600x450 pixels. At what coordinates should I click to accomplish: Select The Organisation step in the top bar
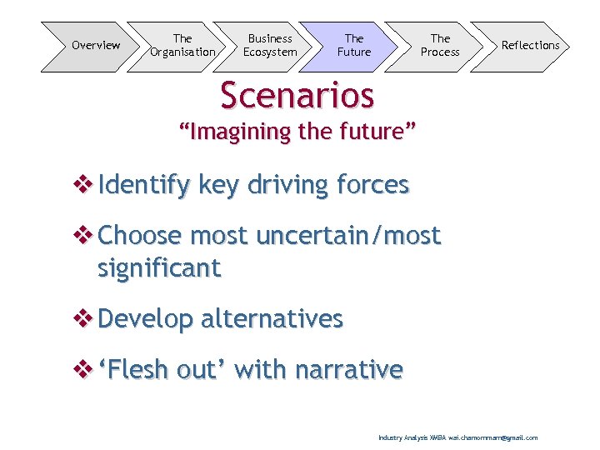click(182, 46)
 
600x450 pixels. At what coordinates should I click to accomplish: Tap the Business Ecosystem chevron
click(270, 46)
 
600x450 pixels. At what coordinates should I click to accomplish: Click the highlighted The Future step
click(354, 46)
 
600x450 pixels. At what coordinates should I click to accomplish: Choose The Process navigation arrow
click(440, 46)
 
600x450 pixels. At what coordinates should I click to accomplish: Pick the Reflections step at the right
click(530, 46)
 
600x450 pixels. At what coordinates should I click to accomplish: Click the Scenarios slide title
click(297, 95)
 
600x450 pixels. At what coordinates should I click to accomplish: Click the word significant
click(159, 269)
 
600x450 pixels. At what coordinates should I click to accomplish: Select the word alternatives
click(272, 319)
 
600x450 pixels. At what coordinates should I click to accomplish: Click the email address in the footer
click(493, 437)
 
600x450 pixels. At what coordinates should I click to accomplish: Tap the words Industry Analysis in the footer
click(402, 437)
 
